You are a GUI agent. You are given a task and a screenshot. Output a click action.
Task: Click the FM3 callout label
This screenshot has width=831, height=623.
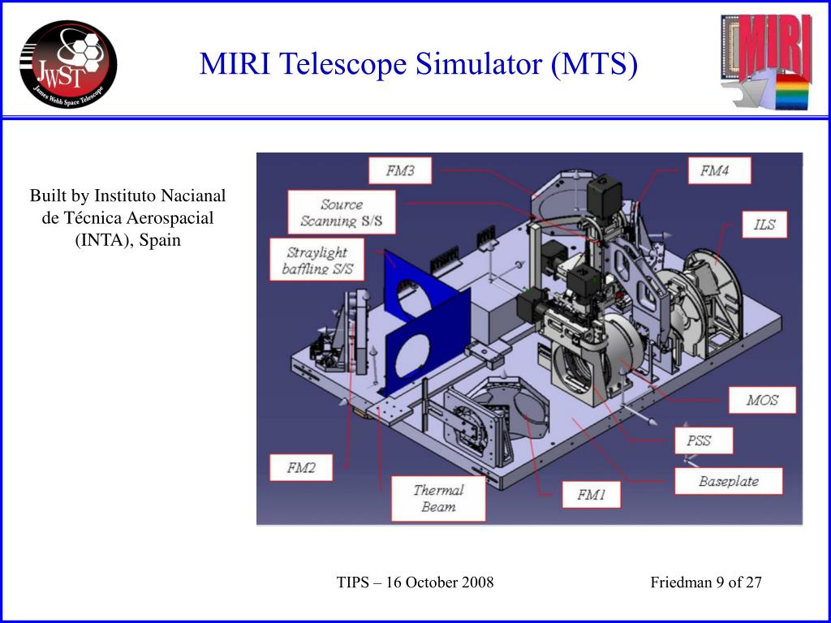400,170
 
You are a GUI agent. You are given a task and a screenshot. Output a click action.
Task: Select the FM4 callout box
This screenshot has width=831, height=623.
719,170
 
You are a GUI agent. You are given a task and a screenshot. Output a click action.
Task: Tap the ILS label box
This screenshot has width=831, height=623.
764,224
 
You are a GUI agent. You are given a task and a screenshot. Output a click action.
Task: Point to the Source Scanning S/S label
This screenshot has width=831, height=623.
342,213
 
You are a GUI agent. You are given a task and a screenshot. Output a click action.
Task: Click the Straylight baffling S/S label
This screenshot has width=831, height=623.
317,260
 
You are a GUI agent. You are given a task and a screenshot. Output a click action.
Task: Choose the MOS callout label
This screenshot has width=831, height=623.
762,400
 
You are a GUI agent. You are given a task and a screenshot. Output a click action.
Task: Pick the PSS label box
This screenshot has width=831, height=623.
704,440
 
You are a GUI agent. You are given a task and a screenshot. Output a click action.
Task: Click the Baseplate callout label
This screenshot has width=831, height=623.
728,481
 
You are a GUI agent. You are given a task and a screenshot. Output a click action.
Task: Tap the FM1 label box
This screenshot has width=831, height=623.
591,495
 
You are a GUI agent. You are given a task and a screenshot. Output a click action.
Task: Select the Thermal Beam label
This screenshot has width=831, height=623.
438,499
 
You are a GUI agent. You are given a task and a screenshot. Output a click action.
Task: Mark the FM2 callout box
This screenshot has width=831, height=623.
301,468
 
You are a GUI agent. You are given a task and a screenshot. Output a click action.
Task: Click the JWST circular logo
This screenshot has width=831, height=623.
68,64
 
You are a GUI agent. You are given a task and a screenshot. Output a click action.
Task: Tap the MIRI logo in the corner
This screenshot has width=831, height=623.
766,62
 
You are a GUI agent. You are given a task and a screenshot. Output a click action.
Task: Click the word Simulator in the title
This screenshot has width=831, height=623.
479,63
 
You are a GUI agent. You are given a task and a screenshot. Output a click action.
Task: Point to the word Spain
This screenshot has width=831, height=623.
160,240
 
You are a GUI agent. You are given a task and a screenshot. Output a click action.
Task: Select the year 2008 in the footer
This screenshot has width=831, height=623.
477,582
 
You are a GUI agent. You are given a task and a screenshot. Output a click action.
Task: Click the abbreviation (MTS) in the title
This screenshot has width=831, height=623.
594,64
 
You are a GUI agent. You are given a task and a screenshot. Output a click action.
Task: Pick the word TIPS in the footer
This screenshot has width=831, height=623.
353,582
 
